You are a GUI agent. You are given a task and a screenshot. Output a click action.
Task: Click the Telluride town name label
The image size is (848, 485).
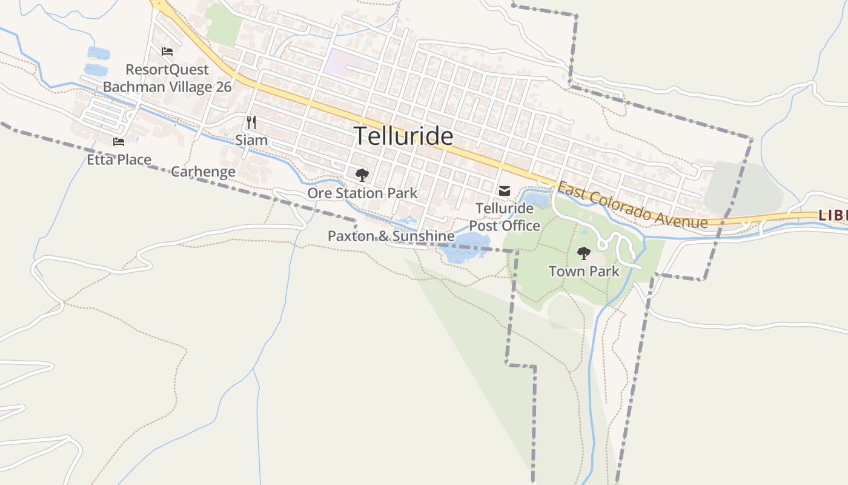[x=403, y=136]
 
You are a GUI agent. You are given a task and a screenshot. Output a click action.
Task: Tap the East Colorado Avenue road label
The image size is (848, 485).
[x=632, y=206]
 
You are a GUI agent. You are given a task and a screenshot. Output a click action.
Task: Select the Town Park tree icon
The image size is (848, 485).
[x=583, y=253]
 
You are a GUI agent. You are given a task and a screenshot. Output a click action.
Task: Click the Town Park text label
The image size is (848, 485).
[x=584, y=271]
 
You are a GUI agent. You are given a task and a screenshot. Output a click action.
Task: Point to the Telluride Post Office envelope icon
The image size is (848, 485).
[x=504, y=192]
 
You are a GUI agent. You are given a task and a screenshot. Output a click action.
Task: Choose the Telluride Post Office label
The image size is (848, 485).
[x=505, y=217]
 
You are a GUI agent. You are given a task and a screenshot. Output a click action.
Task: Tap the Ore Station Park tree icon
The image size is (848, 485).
[x=362, y=175]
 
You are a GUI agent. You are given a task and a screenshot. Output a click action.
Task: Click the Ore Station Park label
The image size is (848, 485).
[x=362, y=193]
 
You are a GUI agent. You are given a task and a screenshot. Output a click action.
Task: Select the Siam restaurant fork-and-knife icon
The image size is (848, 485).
[x=251, y=122]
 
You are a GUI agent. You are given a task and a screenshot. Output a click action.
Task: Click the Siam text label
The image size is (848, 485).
[x=251, y=140]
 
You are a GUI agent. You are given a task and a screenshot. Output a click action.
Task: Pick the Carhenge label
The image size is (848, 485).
[x=203, y=172]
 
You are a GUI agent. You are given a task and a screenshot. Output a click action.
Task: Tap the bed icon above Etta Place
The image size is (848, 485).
[x=119, y=142]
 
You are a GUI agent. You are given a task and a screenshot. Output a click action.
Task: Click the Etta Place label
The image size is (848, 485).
[x=119, y=160]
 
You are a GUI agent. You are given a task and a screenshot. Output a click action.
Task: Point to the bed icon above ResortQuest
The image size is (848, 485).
[x=167, y=52]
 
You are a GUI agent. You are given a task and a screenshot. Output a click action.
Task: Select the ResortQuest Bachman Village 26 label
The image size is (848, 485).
[x=167, y=78]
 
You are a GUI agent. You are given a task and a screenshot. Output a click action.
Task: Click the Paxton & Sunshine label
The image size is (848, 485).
[x=391, y=236]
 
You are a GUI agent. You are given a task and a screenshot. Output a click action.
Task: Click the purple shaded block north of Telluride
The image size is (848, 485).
[x=342, y=63]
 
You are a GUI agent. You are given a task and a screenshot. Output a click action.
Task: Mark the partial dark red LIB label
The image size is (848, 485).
[x=833, y=215]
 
